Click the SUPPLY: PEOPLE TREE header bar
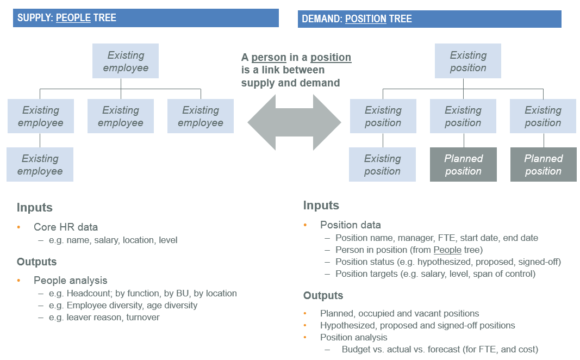click(140, 17)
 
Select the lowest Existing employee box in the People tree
click(40, 164)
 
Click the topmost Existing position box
click(468, 61)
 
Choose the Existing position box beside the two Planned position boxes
click(382, 164)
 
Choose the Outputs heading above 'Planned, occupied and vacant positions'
click(329, 295)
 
